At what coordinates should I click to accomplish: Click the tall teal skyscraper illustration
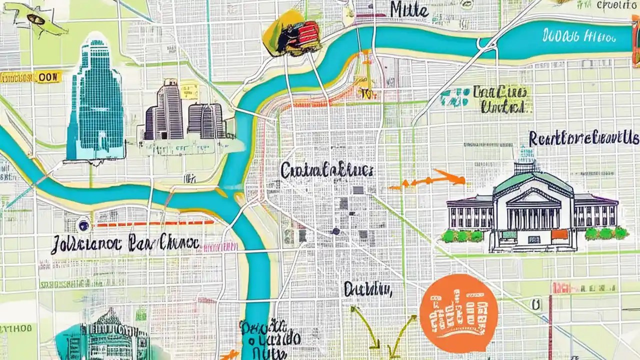(96, 100)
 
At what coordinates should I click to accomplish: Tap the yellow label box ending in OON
(30, 77)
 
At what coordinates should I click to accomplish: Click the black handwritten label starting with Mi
(409, 9)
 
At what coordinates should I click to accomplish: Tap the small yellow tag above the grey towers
(189, 90)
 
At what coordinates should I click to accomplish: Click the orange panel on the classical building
(559, 234)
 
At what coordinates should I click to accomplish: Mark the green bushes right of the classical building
(606, 233)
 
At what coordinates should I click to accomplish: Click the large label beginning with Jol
(125, 243)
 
